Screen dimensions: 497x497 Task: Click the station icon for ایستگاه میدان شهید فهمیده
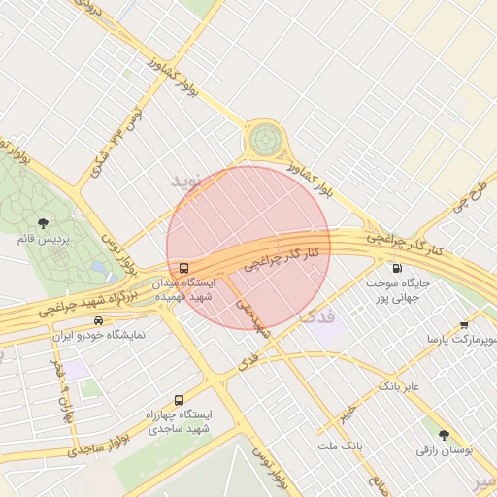183,268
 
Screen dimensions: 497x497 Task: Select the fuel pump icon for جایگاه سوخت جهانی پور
396,268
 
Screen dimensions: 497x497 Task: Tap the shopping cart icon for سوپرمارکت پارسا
464,324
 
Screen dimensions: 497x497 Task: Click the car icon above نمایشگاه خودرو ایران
98,320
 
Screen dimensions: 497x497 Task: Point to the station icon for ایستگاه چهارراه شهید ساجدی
179,400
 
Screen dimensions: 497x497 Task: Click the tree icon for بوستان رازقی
444,435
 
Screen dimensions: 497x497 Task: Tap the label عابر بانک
398,386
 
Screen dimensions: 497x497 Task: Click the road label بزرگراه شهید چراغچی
73,302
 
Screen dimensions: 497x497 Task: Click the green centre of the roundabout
263,140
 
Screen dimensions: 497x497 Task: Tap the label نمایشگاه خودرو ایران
98,335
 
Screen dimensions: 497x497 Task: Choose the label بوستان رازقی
444,450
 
